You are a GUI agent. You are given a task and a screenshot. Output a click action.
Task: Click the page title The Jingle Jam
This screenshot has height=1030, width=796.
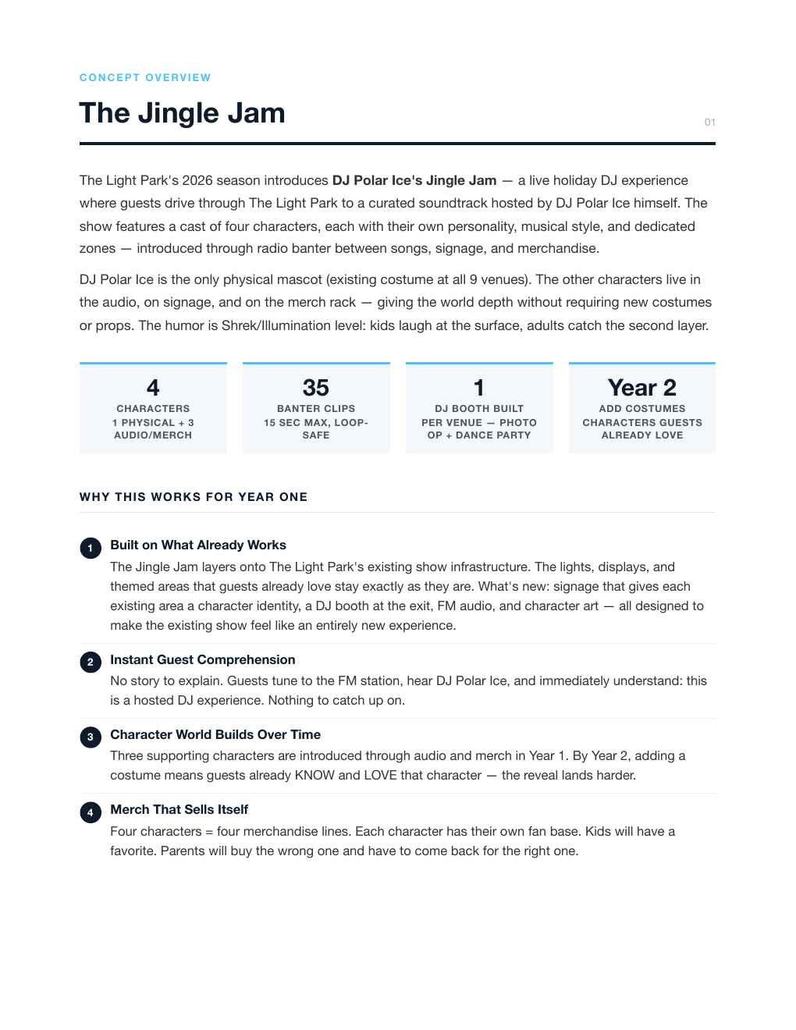coord(182,113)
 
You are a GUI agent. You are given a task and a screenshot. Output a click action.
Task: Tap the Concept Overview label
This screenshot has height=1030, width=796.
coord(145,77)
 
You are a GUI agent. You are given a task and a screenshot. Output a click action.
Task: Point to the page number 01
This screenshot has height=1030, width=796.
coord(709,122)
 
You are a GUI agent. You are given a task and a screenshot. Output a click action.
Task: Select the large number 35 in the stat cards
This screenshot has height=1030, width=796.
coord(316,388)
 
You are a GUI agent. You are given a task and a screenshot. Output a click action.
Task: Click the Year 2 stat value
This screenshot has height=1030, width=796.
coord(641,388)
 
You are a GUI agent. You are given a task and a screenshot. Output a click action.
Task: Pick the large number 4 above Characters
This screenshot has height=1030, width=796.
coord(153,388)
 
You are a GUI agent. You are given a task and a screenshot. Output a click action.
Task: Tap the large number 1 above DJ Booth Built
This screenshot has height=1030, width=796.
coord(479,388)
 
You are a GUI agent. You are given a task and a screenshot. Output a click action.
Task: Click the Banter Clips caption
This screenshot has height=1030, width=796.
coord(316,409)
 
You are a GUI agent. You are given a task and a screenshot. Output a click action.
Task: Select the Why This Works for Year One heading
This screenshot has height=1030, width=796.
coord(194,497)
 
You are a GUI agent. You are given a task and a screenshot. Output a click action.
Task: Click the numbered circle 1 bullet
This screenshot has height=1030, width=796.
coord(91,548)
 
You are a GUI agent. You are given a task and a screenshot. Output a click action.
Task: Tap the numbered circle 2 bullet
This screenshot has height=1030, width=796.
coord(91,662)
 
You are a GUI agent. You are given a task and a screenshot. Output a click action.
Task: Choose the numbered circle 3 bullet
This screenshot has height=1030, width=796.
coord(91,737)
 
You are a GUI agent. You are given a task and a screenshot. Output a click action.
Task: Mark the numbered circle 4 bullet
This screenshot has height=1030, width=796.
coord(91,812)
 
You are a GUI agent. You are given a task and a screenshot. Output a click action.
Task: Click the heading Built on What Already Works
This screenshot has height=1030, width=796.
coord(198,545)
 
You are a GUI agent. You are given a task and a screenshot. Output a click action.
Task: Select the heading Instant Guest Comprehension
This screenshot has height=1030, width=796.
coord(203,659)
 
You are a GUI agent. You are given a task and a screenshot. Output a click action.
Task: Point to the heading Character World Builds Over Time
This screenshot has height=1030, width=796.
coord(215,734)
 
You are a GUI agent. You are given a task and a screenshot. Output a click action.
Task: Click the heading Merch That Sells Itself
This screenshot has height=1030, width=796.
coord(179,809)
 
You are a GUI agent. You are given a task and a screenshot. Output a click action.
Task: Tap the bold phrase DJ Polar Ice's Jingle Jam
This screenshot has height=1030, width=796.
coord(414,180)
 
